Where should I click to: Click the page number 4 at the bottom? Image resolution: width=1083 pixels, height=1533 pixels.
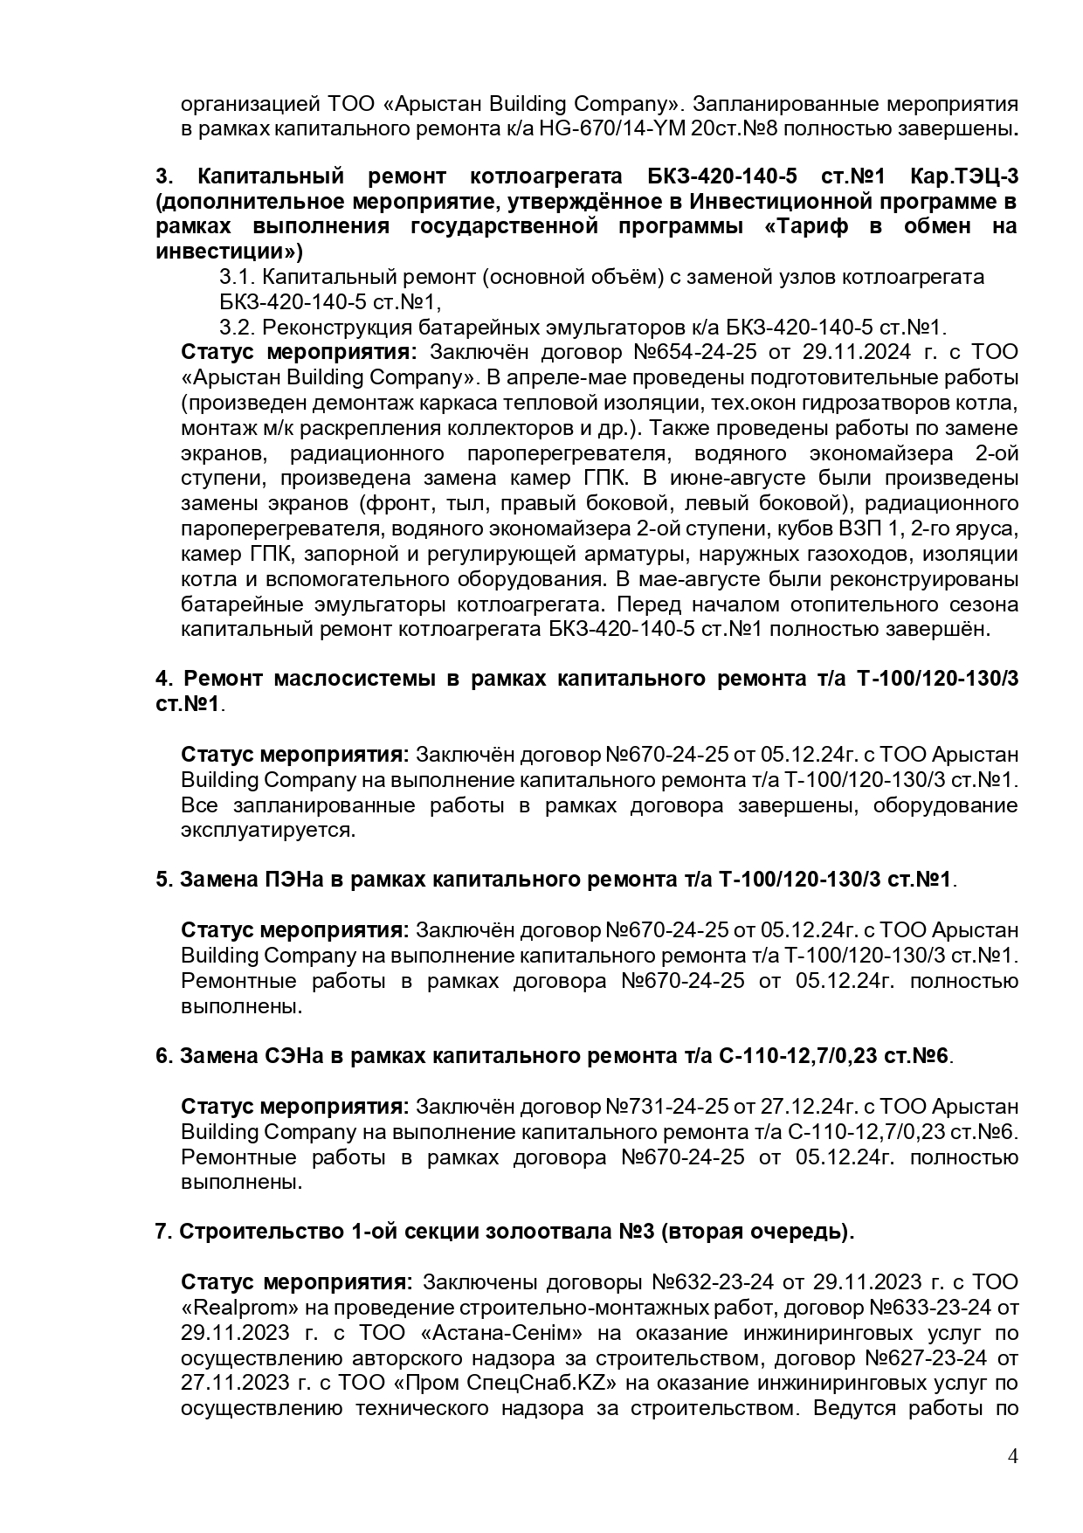(1012, 1456)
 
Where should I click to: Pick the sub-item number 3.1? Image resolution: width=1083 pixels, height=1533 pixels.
(235, 278)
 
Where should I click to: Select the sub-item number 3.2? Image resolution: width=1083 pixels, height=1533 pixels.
(235, 328)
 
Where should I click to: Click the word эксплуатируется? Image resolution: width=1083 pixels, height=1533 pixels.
(267, 830)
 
